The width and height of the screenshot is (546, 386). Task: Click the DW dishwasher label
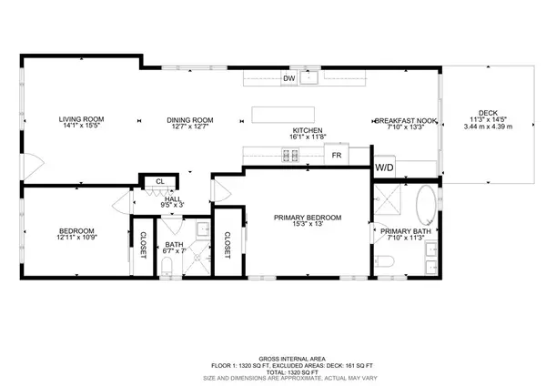coord(288,79)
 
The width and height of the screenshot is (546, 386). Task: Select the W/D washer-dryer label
coord(384,167)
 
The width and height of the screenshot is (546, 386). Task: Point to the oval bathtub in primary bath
coord(426,206)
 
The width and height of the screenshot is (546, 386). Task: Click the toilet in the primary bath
coord(384,264)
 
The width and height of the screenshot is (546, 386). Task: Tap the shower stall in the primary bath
coord(390,201)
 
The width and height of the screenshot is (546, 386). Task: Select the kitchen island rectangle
coord(278,115)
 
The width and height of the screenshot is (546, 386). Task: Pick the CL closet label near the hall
coord(159,181)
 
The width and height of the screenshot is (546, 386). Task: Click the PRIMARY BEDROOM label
coord(308,218)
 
